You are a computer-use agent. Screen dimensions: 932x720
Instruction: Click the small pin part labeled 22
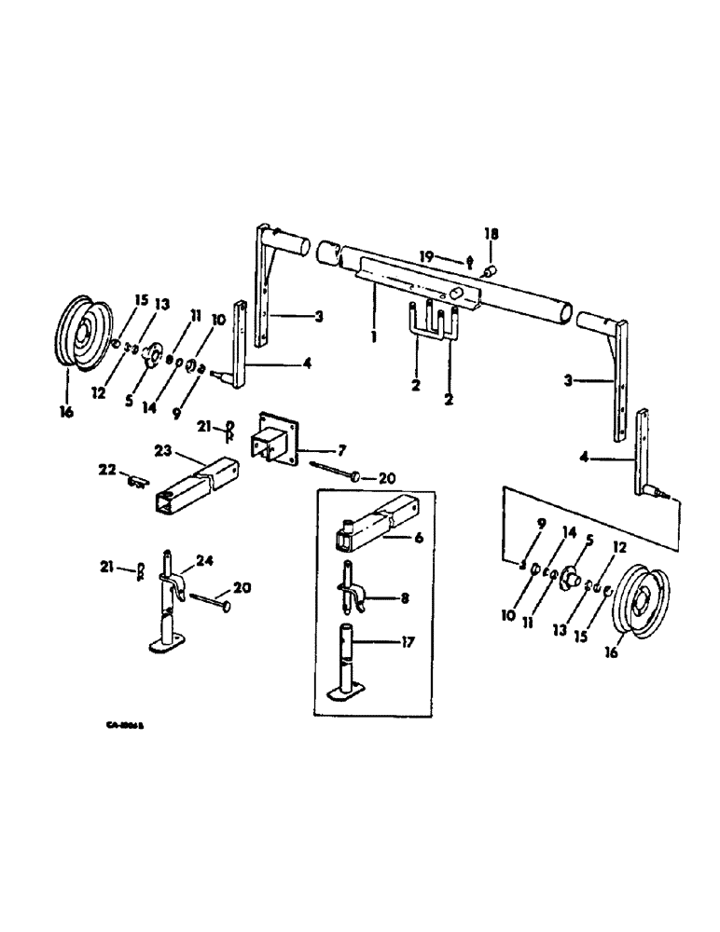tap(138, 481)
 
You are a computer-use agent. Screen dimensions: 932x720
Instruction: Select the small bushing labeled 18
tap(487, 271)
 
